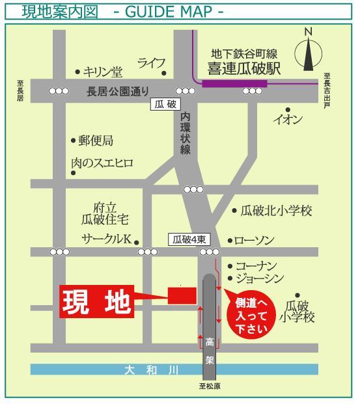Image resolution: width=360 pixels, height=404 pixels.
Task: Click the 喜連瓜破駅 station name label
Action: click(244, 68)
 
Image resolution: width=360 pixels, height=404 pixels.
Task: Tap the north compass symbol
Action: click(309, 51)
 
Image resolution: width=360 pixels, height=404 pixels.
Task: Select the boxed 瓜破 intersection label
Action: click(162, 104)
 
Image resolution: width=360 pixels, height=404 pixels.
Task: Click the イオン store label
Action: click(287, 119)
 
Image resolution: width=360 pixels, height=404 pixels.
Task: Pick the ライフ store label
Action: click(151, 62)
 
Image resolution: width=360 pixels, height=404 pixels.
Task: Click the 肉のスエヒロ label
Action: click(102, 163)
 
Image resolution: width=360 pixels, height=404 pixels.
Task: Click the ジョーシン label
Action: click(260, 279)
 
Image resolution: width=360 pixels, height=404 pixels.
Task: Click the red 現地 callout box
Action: click(96, 301)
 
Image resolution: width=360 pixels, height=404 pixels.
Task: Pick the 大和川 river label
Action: click(152, 370)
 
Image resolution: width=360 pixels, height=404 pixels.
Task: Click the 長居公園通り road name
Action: click(118, 91)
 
